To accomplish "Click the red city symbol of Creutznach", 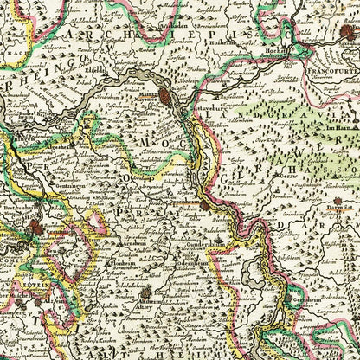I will pyautogui.click(x=35, y=228).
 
